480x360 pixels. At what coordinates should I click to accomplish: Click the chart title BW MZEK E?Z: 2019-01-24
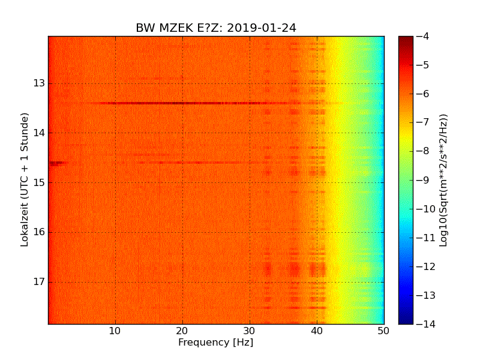tap(215, 28)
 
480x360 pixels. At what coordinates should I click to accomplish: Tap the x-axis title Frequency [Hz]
tap(215, 343)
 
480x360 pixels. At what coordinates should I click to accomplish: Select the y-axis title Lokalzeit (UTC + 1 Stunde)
tap(25, 180)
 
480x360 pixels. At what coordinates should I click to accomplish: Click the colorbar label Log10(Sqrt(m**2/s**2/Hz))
tap(444, 180)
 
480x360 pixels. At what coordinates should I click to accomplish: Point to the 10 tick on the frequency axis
tap(115, 331)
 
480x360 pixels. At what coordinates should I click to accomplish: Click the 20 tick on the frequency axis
tap(182, 331)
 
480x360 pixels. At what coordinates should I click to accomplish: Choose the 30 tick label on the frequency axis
tap(250, 331)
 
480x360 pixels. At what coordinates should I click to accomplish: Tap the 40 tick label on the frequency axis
tap(317, 331)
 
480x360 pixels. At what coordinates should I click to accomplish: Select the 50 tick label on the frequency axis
tap(383, 331)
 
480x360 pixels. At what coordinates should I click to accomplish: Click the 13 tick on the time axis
tap(39, 83)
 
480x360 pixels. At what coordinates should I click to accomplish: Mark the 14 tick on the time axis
tap(39, 133)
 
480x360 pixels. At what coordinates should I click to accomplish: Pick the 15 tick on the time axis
tap(39, 182)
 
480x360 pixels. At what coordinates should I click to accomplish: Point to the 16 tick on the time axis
tap(39, 232)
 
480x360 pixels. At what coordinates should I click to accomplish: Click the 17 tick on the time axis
tap(39, 282)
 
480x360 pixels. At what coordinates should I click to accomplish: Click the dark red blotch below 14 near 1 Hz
tap(58, 163)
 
